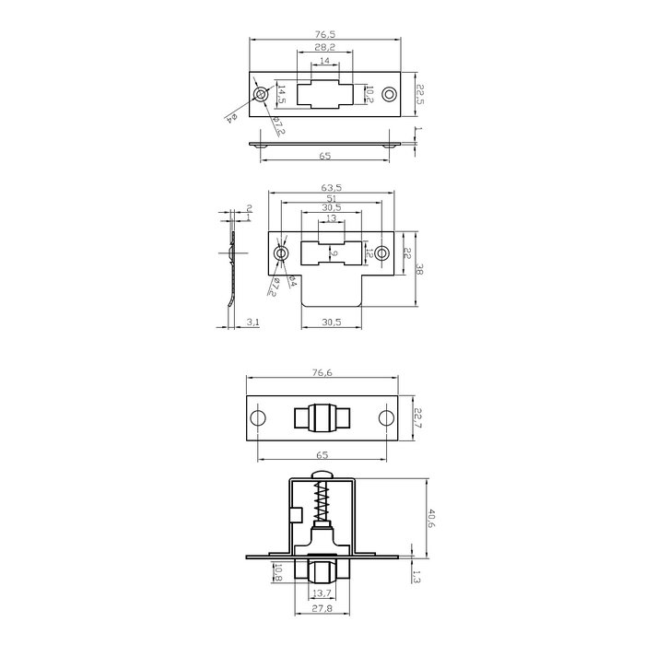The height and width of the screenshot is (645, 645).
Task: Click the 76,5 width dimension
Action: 325,36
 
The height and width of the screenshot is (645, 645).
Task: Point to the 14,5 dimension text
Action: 282,94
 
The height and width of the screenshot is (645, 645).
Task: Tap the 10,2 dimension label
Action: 369,94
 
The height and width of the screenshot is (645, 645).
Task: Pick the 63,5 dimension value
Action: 333,187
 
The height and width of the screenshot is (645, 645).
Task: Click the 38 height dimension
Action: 419,271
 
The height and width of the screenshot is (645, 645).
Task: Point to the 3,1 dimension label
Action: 253,322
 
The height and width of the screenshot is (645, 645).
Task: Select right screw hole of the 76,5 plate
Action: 389,94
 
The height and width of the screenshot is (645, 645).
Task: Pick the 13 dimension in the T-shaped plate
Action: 333,219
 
